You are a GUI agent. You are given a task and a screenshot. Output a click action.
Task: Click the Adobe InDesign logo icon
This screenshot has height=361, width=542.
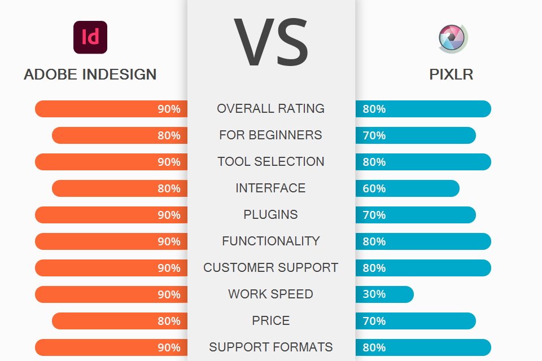coord(90,37)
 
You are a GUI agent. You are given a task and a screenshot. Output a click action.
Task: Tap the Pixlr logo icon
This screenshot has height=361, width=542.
coord(453,39)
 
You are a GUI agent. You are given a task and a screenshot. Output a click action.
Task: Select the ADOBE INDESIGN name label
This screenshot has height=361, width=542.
coord(90,74)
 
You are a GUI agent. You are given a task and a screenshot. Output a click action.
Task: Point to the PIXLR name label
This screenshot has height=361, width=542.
coord(451,74)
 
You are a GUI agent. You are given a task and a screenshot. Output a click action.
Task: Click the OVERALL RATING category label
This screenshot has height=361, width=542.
coord(271,108)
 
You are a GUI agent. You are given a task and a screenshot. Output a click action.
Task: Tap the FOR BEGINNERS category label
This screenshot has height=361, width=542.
coord(271,135)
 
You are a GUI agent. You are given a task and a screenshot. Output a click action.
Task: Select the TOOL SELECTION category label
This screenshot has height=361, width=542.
coord(271,162)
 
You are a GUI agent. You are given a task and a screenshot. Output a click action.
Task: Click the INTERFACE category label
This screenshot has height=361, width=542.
coord(271,188)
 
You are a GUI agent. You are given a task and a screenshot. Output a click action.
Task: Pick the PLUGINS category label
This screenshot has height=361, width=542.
coord(271,215)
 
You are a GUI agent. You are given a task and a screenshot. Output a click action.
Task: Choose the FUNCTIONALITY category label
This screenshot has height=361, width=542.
coord(271,241)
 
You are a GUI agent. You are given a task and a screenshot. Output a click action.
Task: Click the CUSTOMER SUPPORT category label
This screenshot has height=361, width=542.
coord(271,268)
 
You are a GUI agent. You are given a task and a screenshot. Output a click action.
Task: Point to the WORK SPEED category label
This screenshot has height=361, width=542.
coord(271,294)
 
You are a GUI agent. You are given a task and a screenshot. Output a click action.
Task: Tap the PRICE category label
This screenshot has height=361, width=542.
coord(271,321)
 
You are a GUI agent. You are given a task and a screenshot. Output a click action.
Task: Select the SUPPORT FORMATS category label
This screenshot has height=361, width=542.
coord(271,347)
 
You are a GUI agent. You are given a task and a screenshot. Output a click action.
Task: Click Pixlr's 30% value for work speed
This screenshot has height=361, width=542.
coord(374,294)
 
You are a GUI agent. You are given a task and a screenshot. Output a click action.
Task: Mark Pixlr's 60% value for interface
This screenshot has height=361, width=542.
coord(374,188)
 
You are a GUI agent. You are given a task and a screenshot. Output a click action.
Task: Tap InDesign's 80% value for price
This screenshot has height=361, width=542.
coord(169,321)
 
